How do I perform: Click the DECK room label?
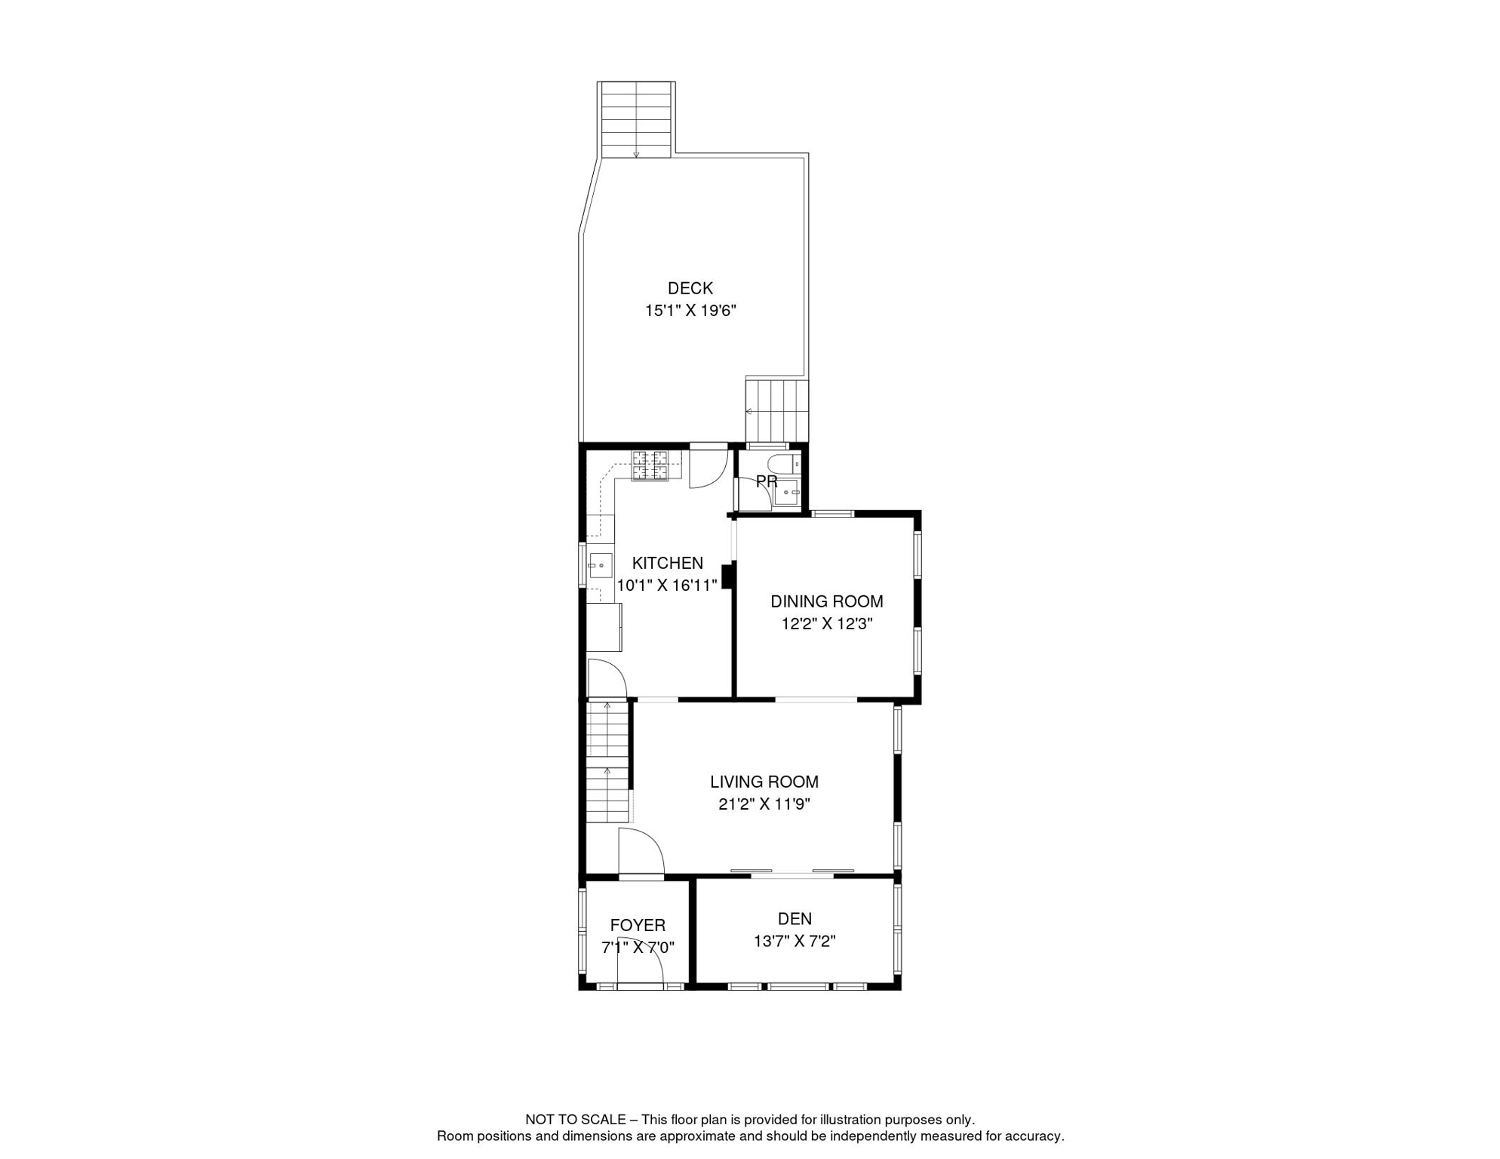pos(690,288)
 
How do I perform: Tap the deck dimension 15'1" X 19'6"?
pos(690,310)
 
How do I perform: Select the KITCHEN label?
pos(667,563)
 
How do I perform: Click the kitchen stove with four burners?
pos(650,466)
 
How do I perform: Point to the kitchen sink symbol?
pos(600,564)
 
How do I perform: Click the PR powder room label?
pos(766,481)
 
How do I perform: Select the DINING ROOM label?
pos(826,601)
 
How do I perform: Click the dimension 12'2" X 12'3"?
pos(826,624)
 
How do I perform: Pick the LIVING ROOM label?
pos(764,782)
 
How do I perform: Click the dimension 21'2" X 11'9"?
pos(764,804)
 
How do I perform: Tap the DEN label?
pos(795,919)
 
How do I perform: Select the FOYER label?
pos(638,926)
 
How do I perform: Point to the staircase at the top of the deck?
pos(636,119)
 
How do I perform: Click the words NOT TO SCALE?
pos(575,1120)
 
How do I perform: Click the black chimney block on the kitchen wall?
pos(728,576)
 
